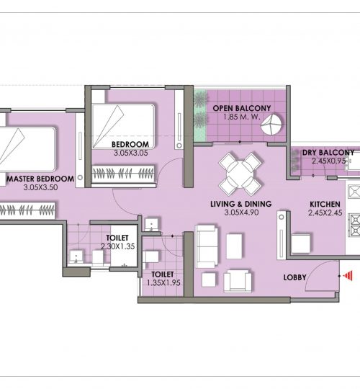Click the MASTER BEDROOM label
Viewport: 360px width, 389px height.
point(40,179)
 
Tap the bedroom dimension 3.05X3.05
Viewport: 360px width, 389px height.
point(130,153)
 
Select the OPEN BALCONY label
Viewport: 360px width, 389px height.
point(242,108)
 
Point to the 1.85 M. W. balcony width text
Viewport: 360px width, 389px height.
point(242,117)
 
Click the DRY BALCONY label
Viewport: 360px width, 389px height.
point(328,152)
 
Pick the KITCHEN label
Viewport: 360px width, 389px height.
point(325,204)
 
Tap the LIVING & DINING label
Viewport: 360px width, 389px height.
point(241,204)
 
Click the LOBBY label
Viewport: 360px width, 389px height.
point(294,277)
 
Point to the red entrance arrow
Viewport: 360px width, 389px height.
point(348,276)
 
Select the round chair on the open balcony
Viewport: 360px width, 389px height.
point(271,125)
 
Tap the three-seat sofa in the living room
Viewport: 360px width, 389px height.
point(207,246)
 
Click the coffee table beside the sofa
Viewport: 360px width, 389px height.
point(234,246)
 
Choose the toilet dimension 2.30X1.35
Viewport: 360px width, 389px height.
point(118,246)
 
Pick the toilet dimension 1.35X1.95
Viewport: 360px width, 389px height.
point(163,283)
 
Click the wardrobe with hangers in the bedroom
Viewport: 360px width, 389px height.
point(123,173)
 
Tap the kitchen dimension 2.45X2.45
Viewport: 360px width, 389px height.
point(325,213)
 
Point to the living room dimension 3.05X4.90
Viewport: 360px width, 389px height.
point(241,213)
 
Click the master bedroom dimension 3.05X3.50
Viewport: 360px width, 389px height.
point(40,187)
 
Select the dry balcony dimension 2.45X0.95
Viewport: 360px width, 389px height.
point(329,161)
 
